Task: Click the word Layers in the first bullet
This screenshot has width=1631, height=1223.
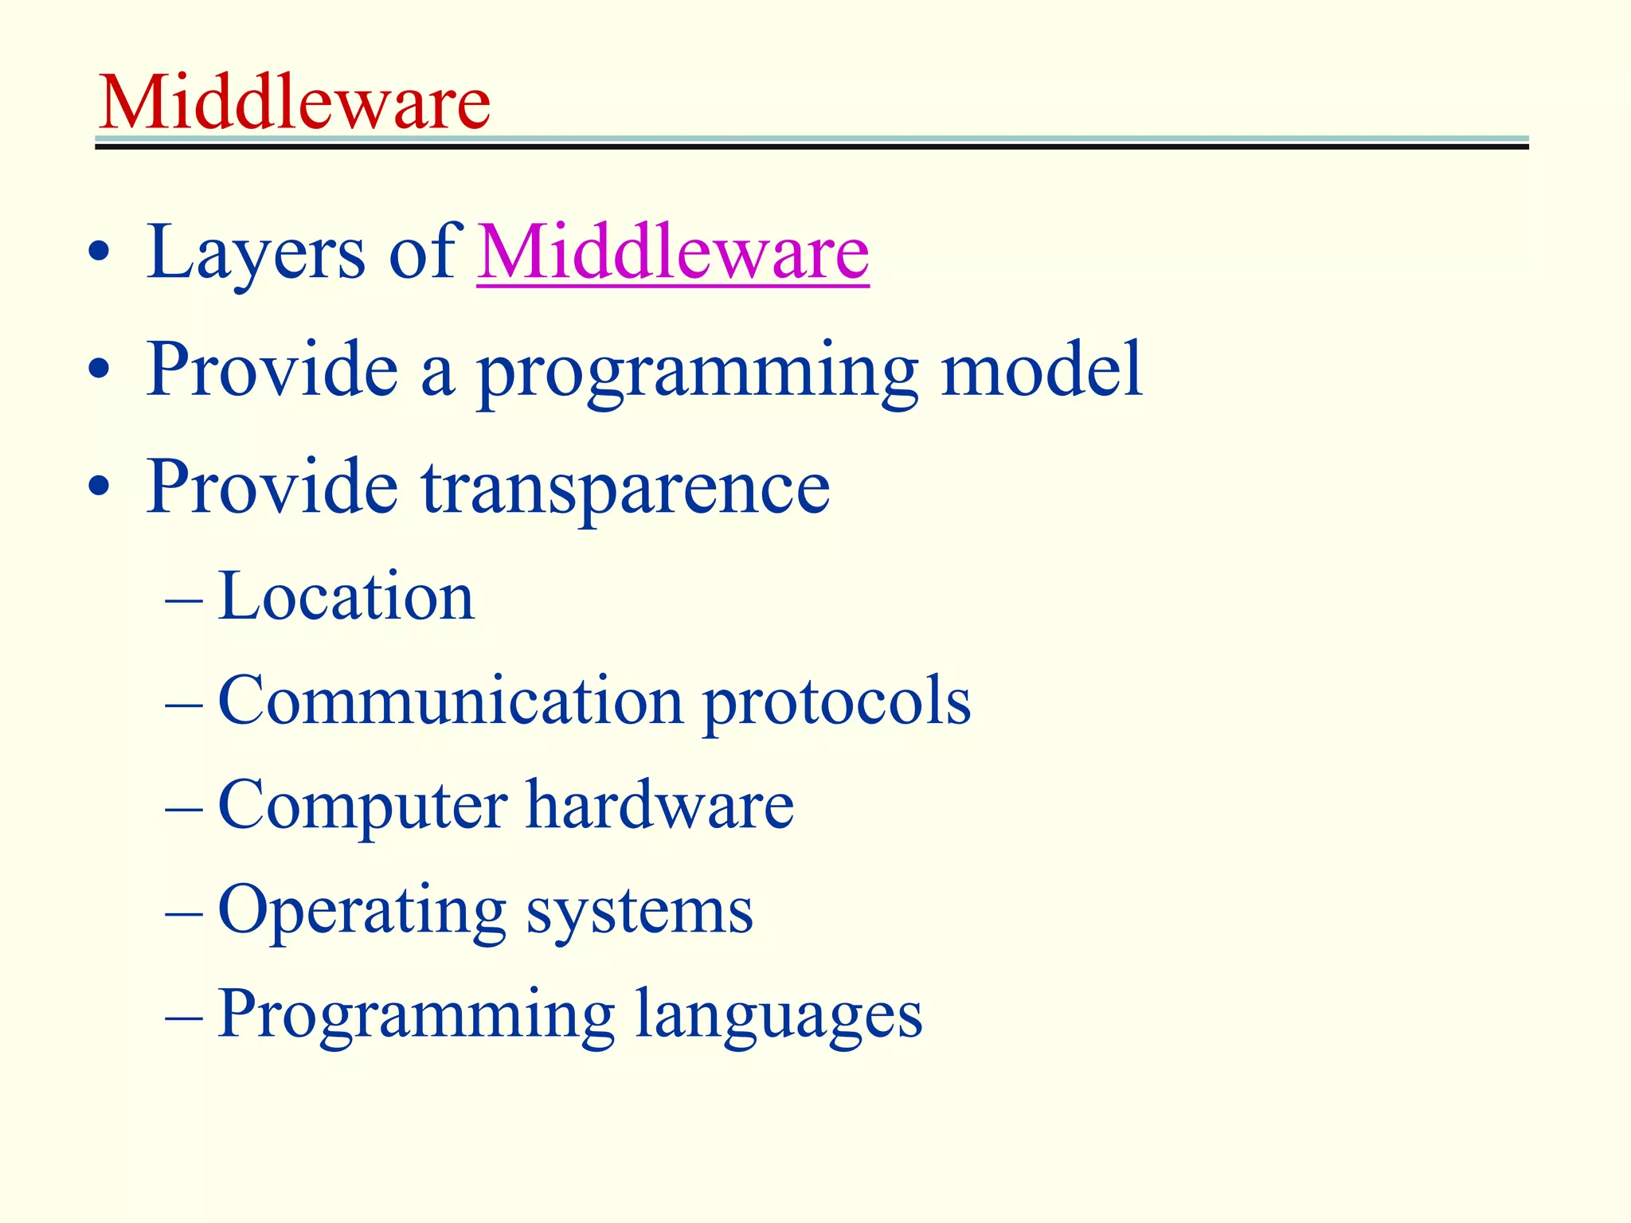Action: click(256, 253)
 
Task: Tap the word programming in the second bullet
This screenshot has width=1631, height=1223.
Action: click(698, 371)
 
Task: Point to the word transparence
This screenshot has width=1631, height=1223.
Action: click(626, 487)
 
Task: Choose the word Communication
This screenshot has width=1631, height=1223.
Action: click(451, 700)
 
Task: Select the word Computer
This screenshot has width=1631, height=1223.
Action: click(362, 806)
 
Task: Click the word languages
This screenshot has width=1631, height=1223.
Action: click(779, 1015)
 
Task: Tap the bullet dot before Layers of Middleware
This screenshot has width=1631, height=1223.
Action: click(100, 253)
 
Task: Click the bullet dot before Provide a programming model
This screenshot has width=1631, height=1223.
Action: click(100, 370)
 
